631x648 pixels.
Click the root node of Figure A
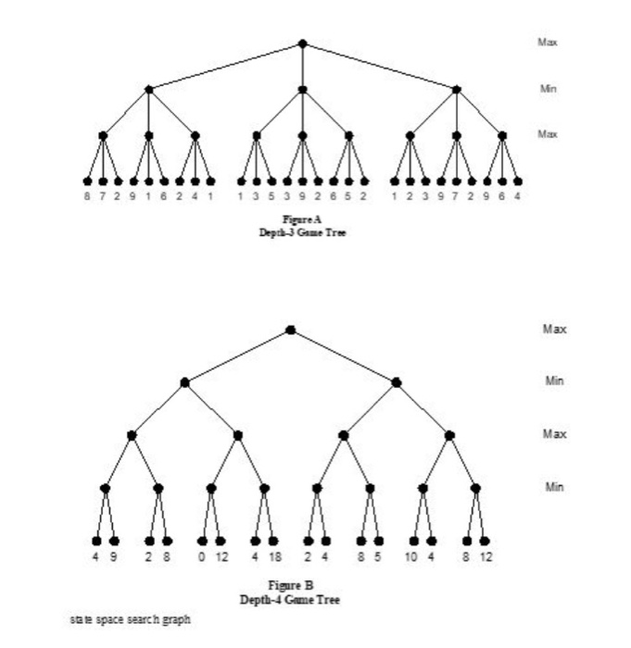[x=302, y=44]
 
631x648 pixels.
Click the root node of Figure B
[x=290, y=330]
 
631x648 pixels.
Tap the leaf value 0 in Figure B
[x=202, y=558]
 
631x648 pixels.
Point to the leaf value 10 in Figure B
[x=412, y=558]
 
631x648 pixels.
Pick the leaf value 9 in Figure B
[x=114, y=558]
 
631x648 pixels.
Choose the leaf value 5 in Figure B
[x=379, y=558]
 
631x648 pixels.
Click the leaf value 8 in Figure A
[x=87, y=197]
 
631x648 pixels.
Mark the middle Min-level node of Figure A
[x=302, y=90]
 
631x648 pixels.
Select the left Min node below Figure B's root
[x=184, y=382]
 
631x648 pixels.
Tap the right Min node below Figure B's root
[x=397, y=382]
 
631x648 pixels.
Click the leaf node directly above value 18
[x=273, y=542]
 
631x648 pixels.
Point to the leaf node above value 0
[x=202, y=542]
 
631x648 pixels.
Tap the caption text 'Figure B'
[x=290, y=586]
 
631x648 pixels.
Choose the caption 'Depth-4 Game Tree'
[x=290, y=599]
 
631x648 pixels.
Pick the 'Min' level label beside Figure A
[x=548, y=89]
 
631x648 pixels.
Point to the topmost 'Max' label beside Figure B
[x=553, y=330]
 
